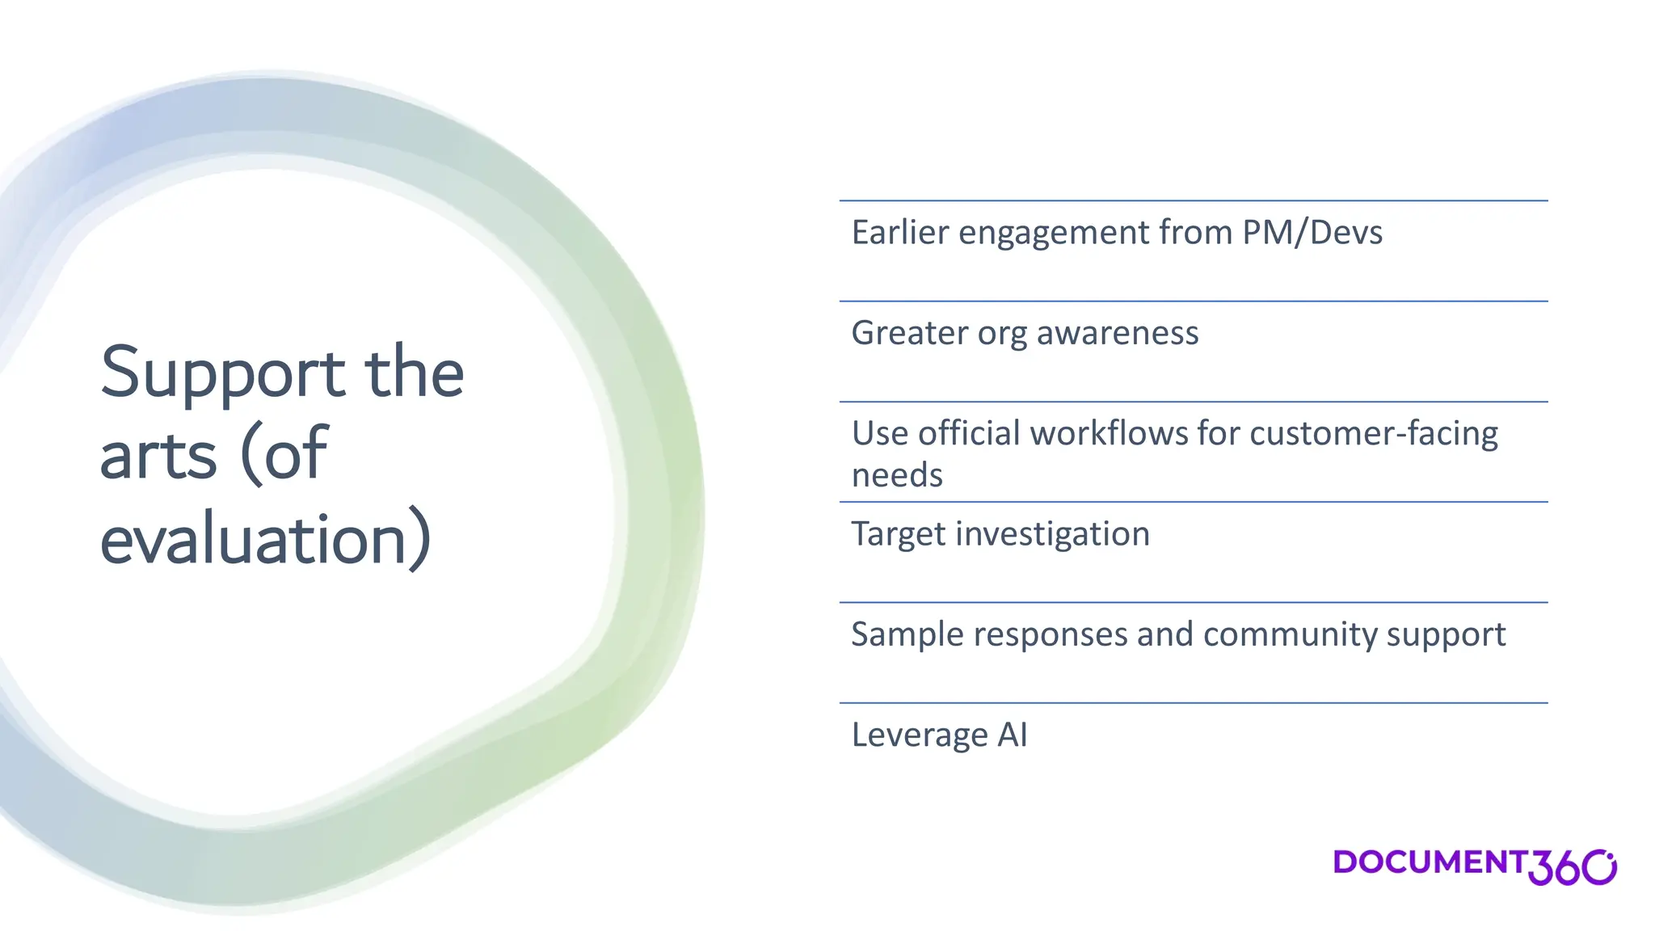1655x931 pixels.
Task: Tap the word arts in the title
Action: coord(158,455)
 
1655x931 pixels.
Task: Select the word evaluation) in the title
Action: coord(265,539)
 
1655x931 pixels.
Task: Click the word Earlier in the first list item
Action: coord(900,233)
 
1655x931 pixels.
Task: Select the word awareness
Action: coord(1118,333)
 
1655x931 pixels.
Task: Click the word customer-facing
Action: coord(1374,433)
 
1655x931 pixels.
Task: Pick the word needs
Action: coord(897,475)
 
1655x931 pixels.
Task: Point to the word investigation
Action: coord(1053,534)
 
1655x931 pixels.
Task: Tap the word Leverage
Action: coord(920,735)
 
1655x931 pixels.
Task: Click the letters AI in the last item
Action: coord(1013,735)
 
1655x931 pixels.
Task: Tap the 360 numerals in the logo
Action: coord(1571,868)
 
